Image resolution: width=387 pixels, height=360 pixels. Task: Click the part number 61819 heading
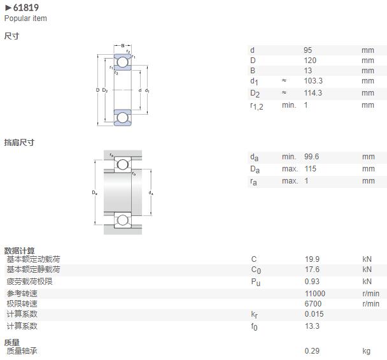25,8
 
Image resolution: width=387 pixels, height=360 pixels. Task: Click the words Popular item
25,18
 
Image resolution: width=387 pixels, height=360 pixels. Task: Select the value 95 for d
308,50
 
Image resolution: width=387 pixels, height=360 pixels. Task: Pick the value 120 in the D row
310,61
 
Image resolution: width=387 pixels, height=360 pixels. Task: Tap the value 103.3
313,80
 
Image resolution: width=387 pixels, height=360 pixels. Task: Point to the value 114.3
313,93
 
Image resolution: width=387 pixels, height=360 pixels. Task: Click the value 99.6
311,156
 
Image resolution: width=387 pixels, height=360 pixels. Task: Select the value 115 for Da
310,168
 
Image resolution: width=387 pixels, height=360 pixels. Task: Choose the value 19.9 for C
312,259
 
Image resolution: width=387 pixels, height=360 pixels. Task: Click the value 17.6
312,269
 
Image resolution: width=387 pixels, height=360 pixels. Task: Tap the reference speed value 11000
315,293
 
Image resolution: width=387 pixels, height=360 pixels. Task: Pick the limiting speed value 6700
313,303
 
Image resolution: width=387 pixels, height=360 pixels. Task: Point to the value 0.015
314,313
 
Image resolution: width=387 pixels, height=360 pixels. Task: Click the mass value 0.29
312,350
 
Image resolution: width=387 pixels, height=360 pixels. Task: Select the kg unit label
366,351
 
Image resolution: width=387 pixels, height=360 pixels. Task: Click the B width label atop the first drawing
123,46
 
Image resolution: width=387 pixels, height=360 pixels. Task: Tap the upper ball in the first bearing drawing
123,62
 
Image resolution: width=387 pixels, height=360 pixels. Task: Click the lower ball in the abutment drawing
123,220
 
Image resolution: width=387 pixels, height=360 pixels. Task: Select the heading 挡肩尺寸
19,142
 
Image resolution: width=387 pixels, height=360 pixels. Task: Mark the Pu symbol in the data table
255,282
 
